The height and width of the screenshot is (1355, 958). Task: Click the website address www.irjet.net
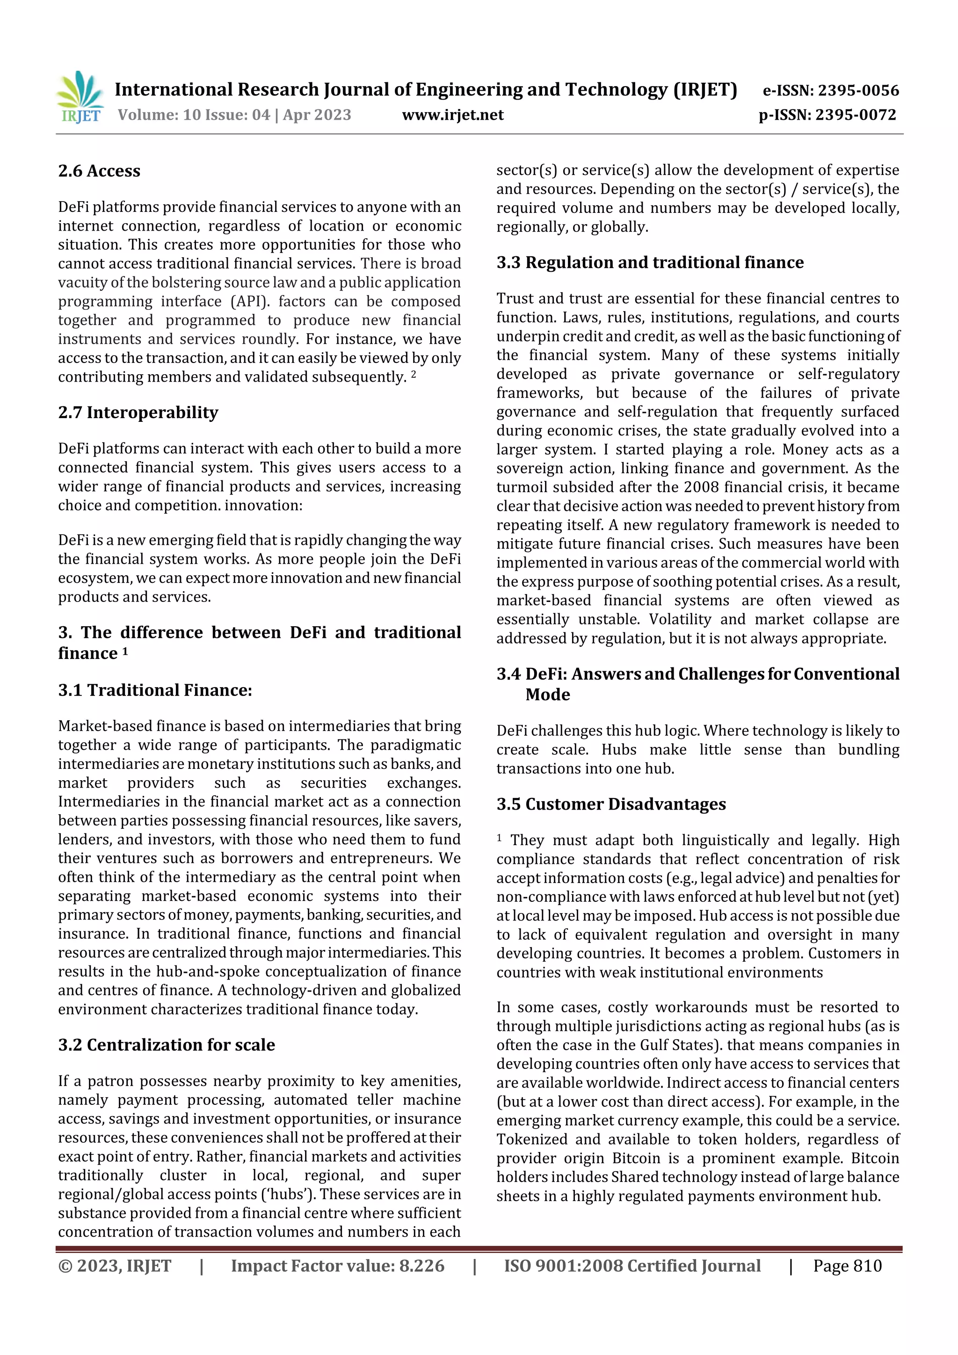click(452, 115)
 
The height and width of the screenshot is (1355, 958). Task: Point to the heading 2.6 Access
click(99, 171)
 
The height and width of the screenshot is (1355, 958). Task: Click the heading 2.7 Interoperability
click(138, 412)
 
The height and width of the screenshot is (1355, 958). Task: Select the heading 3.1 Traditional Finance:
click(155, 690)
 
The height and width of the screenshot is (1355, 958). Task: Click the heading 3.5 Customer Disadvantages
click(611, 804)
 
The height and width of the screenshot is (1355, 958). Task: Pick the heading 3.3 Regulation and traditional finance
click(650, 262)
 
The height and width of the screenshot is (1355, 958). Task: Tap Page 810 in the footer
click(847, 1265)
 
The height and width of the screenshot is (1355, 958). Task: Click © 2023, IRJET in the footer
click(115, 1265)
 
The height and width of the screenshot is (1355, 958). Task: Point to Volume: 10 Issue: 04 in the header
click(194, 115)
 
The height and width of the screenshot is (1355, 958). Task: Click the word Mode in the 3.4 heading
click(547, 695)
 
